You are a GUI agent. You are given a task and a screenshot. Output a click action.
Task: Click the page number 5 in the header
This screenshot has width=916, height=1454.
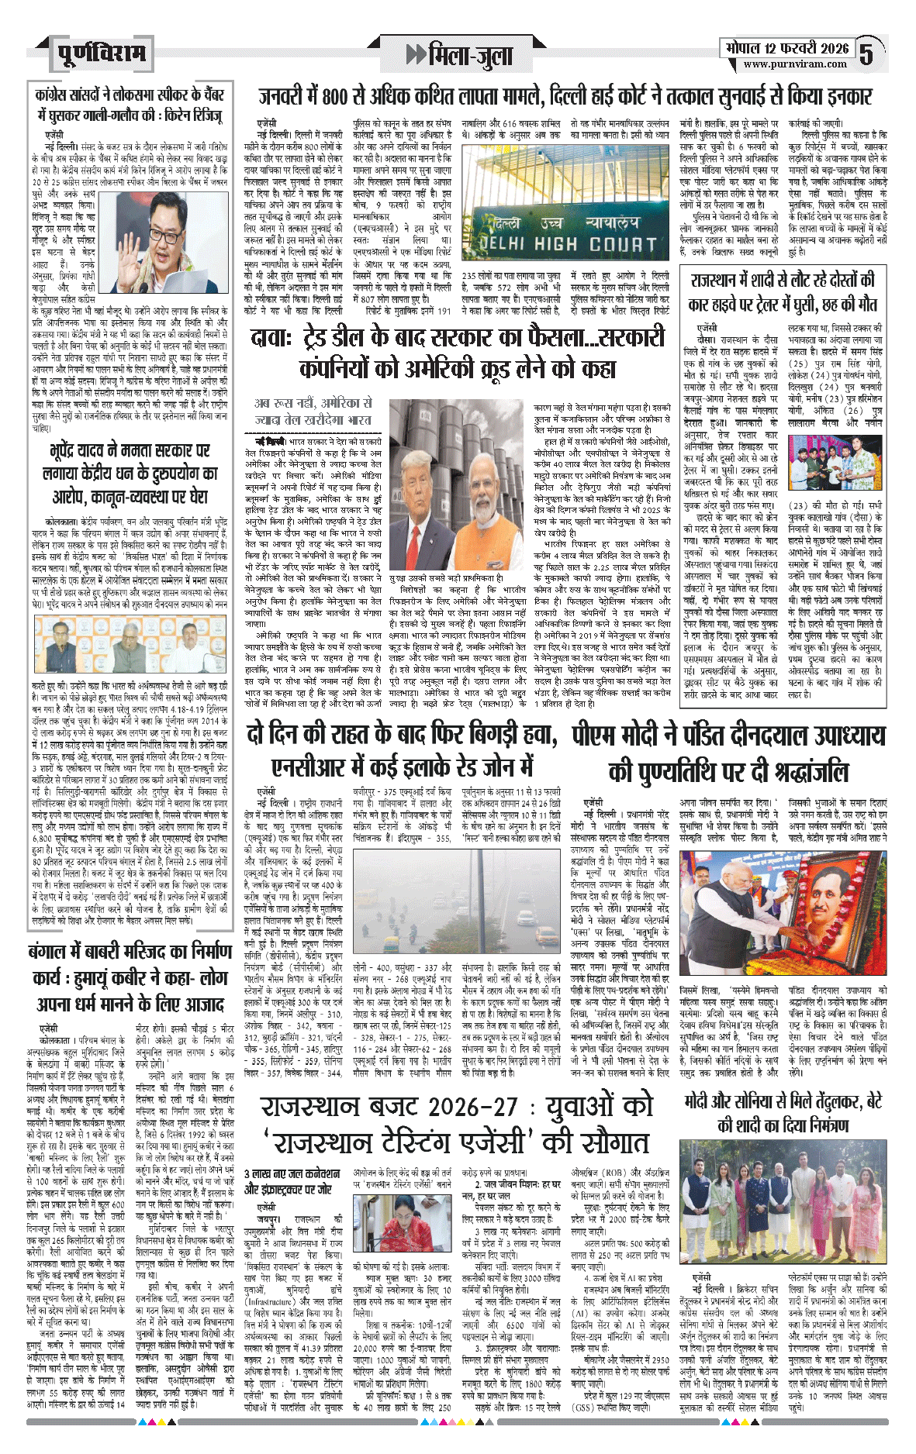coord(867,53)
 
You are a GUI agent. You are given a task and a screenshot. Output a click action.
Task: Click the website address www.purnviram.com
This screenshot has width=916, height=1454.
coord(794,64)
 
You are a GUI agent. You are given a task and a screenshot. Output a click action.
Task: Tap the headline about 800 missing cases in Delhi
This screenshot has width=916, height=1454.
coord(565,97)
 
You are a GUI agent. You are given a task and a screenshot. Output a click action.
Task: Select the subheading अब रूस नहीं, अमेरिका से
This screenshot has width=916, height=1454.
coord(313,411)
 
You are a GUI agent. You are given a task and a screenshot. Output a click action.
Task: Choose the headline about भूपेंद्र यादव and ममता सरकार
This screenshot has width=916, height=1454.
coord(130,473)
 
